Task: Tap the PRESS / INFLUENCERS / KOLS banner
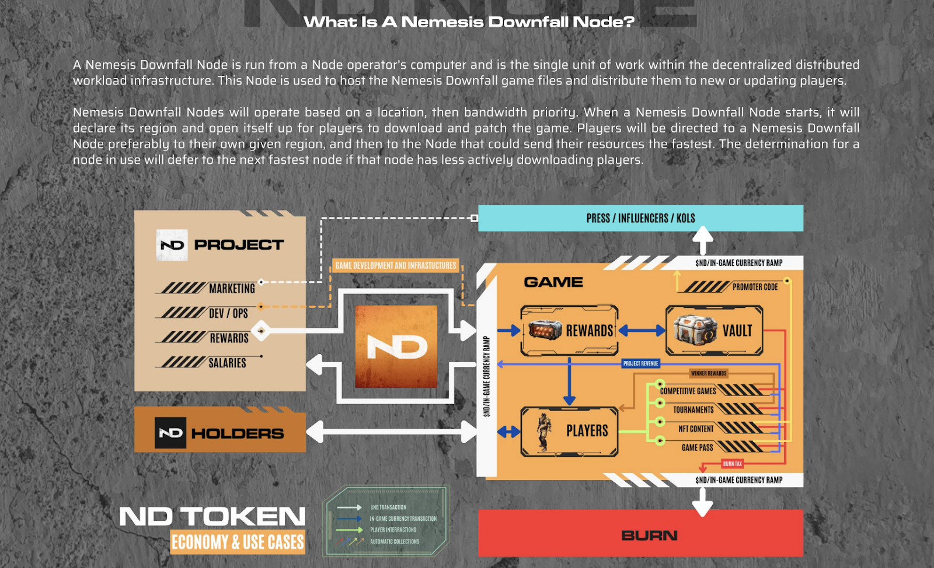click(x=640, y=218)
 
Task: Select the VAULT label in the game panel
click(x=737, y=331)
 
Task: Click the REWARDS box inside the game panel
click(x=569, y=331)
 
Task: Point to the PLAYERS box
click(x=569, y=431)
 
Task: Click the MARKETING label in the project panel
click(x=232, y=288)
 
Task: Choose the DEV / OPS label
click(x=228, y=313)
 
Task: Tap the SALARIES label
click(x=227, y=363)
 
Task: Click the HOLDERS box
click(x=220, y=433)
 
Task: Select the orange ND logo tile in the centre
click(x=396, y=347)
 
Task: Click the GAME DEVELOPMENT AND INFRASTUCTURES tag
click(x=396, y=265)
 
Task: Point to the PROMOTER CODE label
click(x=755, y=287)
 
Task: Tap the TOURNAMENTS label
click(x=693, y=410)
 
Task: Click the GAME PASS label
click(x=697, y=447)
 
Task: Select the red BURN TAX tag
click(x=733, y=464)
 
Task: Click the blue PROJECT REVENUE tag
click(x=640, y=363)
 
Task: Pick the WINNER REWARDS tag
click(x=709, y=373)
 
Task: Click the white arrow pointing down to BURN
click(x=702, y=501)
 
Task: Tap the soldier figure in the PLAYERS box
click(x=544, y=432)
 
